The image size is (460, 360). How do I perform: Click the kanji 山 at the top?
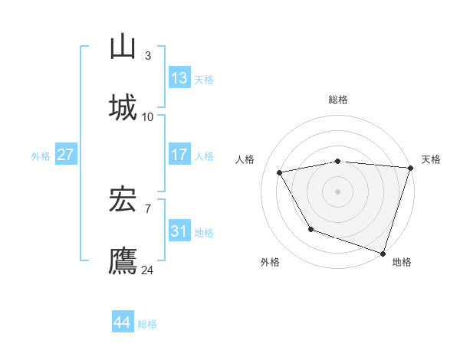(123, 47)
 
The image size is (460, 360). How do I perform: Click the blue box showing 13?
(179, 78)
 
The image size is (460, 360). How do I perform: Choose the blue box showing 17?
(179, 155)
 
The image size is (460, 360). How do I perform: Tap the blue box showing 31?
(179, 231)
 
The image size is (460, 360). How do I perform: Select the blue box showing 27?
(66, 155)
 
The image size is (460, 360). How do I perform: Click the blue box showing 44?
(123, 322)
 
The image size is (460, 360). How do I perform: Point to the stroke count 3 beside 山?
(148, 56)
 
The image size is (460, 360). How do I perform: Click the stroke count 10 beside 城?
(148, 116)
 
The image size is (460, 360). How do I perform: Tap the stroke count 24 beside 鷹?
(148, 270)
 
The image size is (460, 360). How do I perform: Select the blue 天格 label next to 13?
(204, 80)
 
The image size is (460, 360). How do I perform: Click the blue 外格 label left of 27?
(41, 156)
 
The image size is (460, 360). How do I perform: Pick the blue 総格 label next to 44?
(147, 324)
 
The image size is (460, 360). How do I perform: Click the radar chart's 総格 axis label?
(338, 100)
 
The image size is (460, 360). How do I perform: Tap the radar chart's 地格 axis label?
(402, 262)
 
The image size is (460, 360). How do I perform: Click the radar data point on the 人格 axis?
(280, 173)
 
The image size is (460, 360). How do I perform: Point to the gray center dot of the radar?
(338, 191)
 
